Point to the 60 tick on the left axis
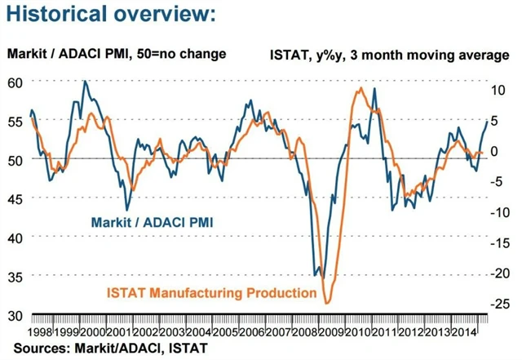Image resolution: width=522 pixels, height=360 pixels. point(15,82)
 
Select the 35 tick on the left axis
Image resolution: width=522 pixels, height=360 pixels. point(15,276)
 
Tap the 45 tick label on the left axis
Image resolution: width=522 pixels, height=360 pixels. point(15,198)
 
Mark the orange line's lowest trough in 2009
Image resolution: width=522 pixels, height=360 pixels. point(328,303)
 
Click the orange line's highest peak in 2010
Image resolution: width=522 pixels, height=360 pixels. point(361,87)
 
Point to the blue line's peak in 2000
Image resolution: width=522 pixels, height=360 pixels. point(85,81)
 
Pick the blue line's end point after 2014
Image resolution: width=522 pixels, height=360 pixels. point(488,121)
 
